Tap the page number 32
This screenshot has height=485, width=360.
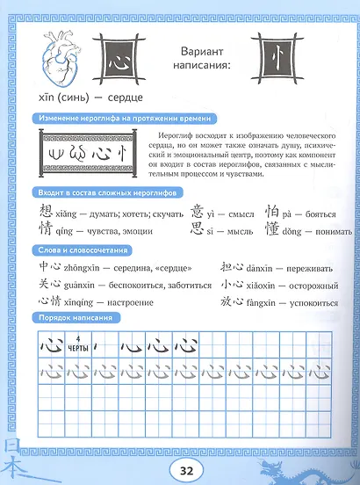185,469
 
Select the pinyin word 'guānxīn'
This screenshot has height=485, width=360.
78,286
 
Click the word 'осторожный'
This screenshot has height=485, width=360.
313,286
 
